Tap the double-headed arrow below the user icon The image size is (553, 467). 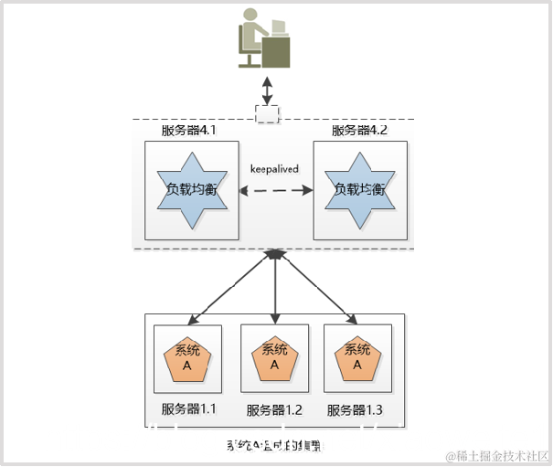point(267,90)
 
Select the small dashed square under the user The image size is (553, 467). point(267,113)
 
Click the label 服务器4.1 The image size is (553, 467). point(188,131)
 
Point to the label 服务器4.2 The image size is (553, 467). point(359,131)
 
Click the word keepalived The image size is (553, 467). point(274,169)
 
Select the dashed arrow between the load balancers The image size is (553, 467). point(275,190)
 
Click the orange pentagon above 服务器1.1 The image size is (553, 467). point(187,358)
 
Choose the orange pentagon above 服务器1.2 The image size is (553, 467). point(274,357)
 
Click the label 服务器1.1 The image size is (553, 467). point(188,409)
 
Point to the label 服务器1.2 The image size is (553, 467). point(274,410)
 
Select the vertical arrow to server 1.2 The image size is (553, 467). point(275,288)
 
